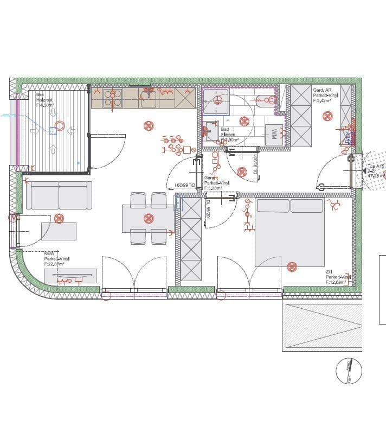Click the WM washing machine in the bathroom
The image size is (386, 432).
[x=274, y=134]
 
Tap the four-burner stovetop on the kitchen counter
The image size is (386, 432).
[x=112, y=98]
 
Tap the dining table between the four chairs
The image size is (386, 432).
[x=148, y=219]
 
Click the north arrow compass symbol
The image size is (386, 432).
[x=348, y=371]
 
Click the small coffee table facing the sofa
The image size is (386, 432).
[x=59, y=231]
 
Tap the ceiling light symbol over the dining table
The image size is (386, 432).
[x=149, y=218]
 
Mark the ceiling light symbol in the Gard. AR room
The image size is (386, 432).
[x=327, y=116]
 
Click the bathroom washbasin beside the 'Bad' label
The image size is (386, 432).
[x=210, y=131]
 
